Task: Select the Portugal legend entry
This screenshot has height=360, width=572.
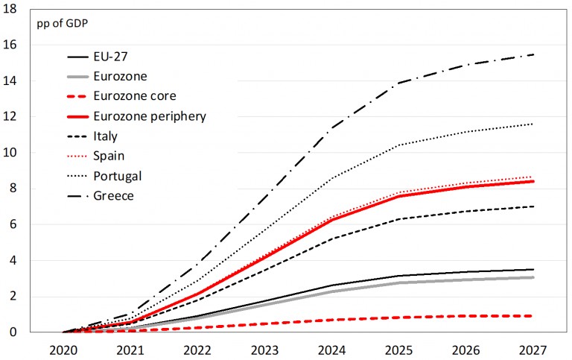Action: [x=117, y=176]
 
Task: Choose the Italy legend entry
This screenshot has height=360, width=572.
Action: [x=107, y=136]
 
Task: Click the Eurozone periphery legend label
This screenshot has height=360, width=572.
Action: [x=150, y=116]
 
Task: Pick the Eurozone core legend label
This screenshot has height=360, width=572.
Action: [x=134, y=96]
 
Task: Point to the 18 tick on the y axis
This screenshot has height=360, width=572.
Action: [x=16, y=9]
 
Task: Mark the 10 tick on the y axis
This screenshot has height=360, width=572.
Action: [x=16, y=153]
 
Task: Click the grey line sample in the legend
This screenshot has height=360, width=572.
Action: [x=77, y=77]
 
